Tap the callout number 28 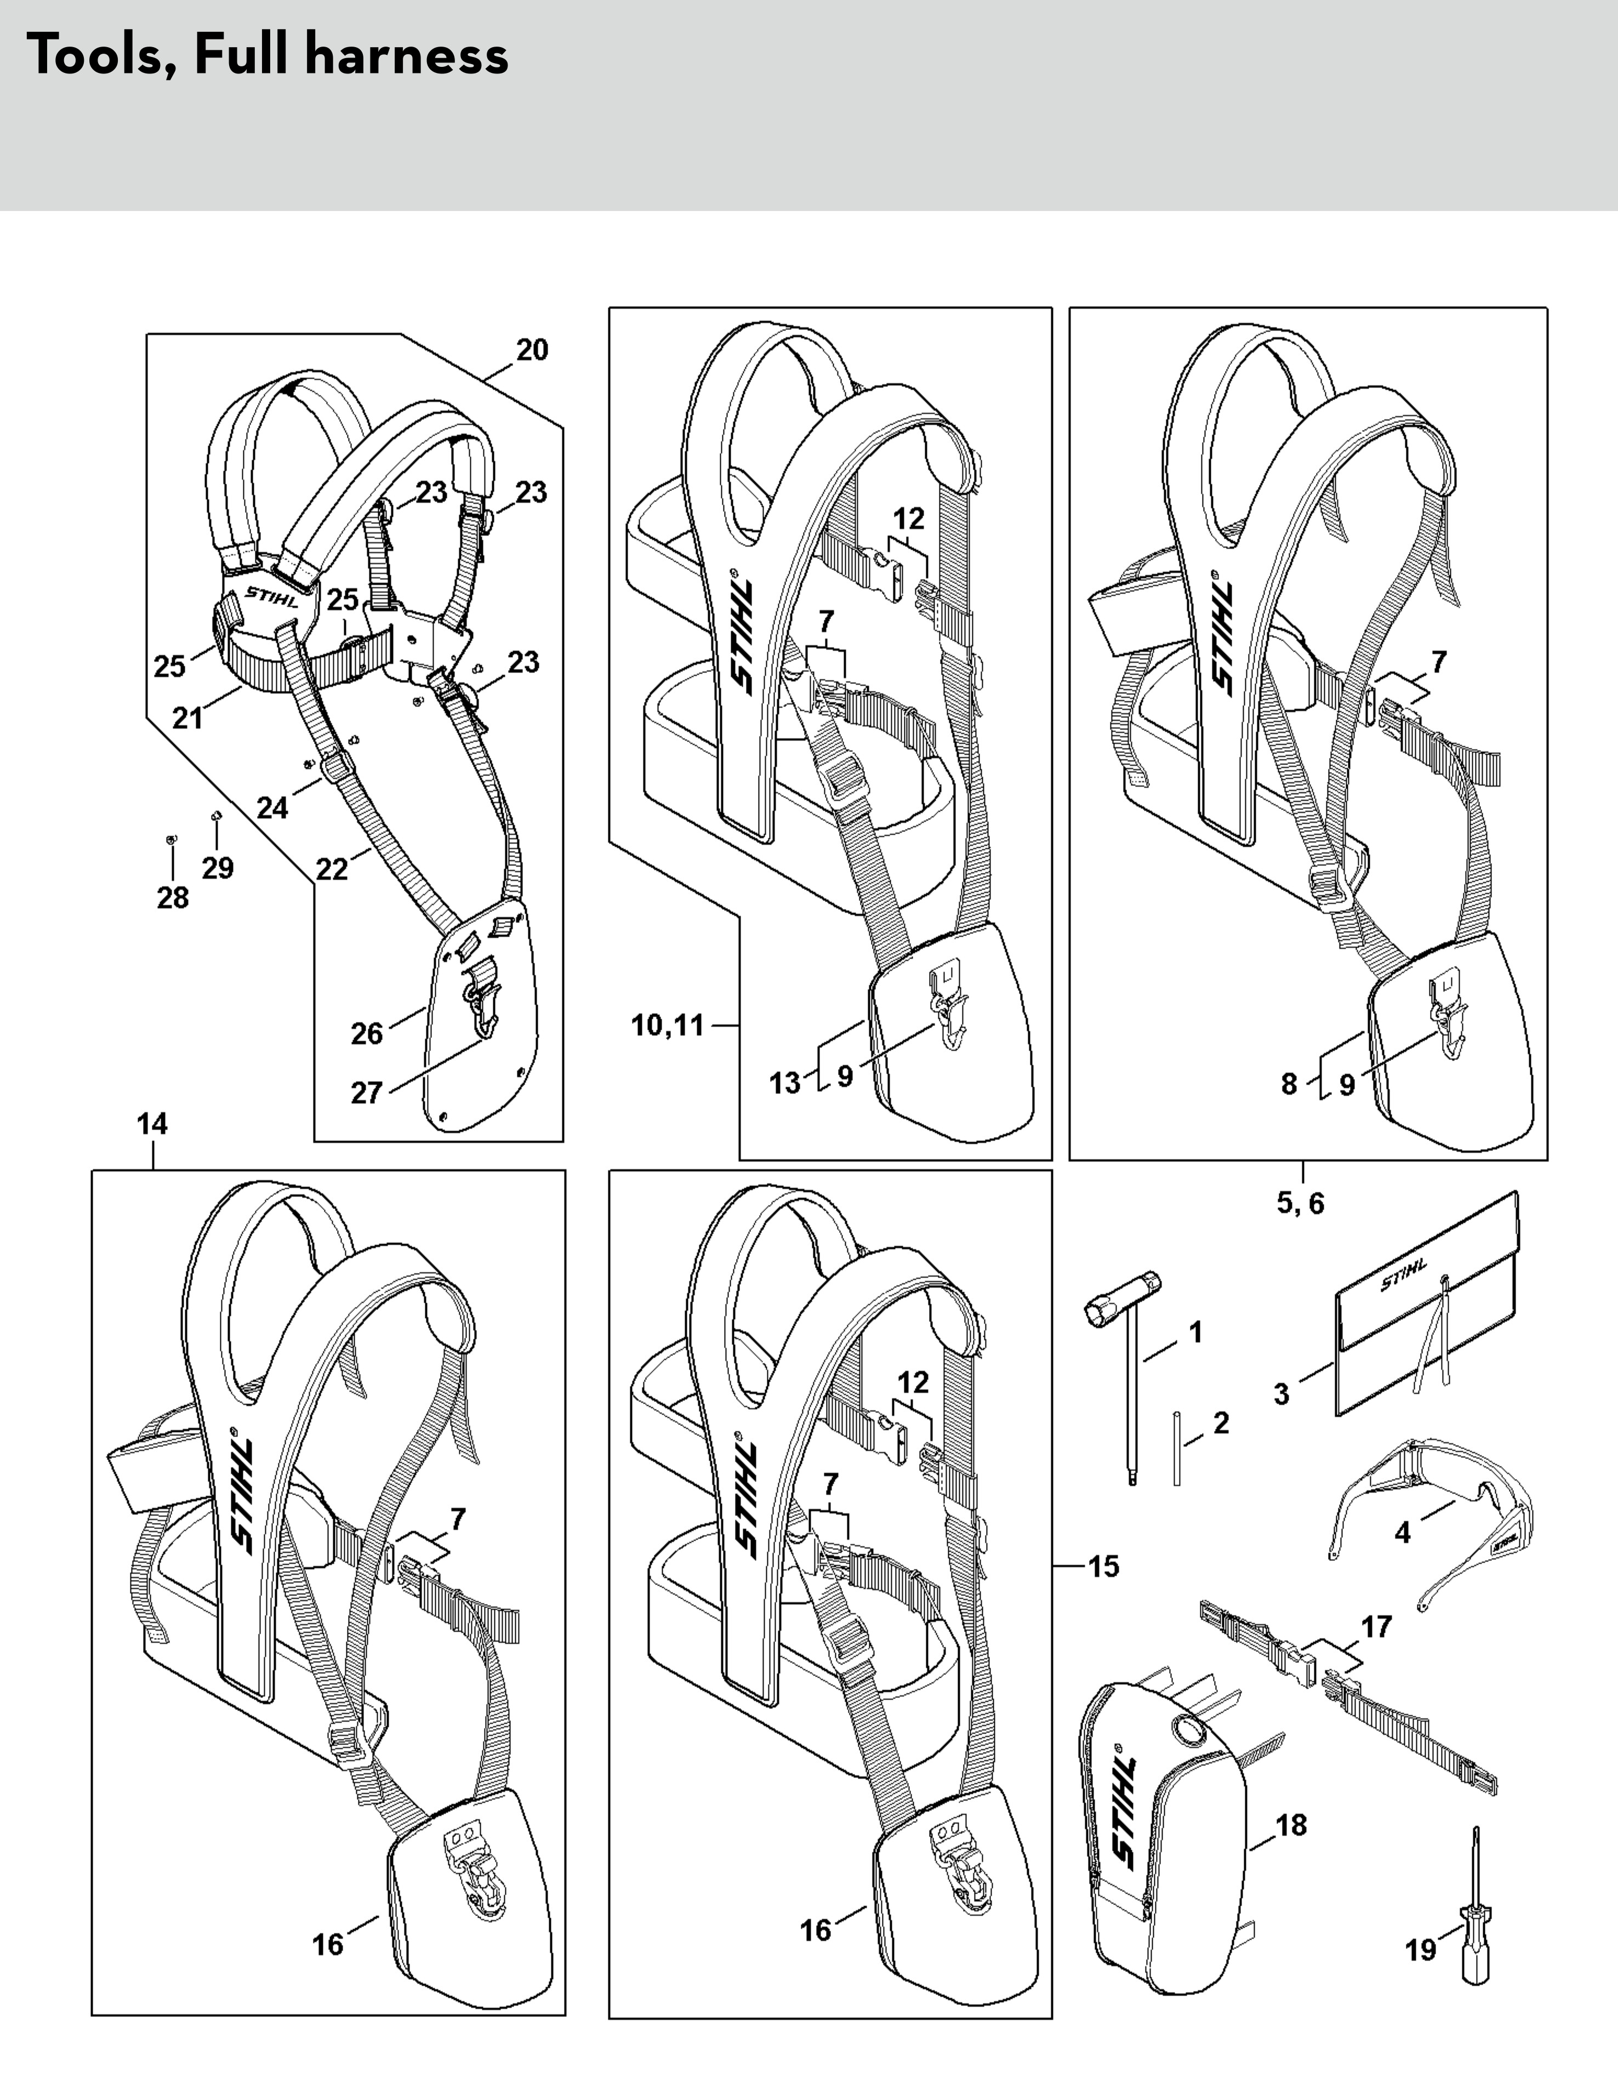(x=173, y=897)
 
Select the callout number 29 (x=218, y=868)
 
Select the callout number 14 (x=152, y=1124)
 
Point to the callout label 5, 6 (x=1300, y=1203)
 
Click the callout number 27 (x=367, y=1093)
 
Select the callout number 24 (x=272, y=807)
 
